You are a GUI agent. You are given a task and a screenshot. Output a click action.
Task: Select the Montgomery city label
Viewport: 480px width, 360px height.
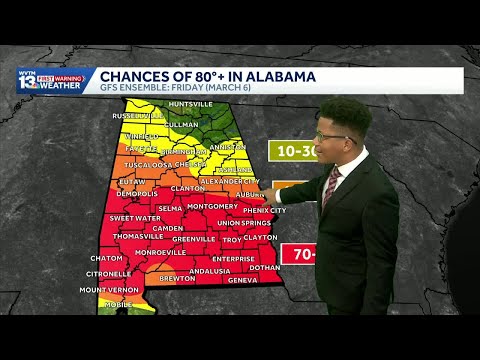coord(212,206)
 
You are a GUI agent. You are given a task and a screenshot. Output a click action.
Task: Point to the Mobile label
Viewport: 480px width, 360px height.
coord(118,303)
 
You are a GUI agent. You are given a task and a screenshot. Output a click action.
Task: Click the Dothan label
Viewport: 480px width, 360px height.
coord(265,267)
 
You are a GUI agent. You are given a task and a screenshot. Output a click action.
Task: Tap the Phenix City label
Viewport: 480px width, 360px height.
coord(264,210)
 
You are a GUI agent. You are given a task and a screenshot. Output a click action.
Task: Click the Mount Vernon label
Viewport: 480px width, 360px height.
coord(107,289)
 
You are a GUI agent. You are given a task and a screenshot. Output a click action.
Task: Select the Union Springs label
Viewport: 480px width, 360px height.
coord(244,222)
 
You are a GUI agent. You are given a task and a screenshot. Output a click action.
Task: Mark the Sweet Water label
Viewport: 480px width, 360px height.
coord(134,217)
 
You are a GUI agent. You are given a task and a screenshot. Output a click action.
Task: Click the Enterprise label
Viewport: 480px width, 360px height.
coord(233,258)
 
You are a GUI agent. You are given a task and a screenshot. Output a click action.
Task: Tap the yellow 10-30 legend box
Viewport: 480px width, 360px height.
coord(301,150)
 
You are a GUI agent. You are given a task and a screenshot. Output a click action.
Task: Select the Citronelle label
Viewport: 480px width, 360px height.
coord(108,273)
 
